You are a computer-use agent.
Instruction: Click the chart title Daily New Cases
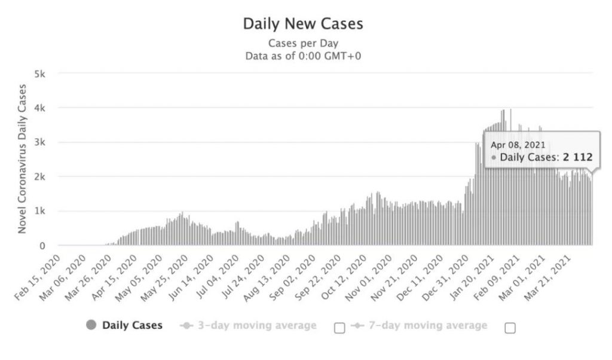(303, 25)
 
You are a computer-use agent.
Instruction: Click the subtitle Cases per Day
(303, 43)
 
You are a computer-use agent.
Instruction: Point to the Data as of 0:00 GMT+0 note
(303, 56)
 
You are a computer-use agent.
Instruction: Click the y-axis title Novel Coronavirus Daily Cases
(22, 158)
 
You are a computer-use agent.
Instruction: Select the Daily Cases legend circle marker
(91, 325)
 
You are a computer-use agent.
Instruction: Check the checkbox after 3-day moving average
(339, 327)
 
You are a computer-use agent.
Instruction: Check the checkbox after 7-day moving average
(510, 327)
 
